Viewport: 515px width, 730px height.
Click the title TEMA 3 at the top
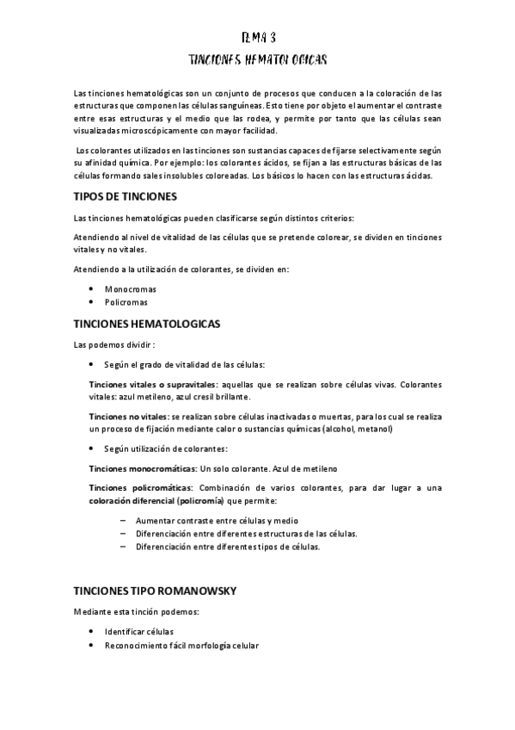[258, 38]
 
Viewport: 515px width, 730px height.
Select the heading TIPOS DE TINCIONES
[125, 196]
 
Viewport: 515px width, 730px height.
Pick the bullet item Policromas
[127, 302]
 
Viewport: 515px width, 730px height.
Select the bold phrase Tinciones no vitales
[128, 416]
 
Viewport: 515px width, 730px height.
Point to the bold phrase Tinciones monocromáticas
[143, 468]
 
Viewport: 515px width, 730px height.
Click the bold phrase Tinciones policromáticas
[140, 488]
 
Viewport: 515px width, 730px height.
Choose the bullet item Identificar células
[138, 631]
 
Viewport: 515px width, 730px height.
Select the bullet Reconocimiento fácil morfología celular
[181, 645]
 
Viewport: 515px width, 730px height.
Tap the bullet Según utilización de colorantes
[166, 449]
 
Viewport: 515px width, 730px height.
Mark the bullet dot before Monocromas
[91, 289]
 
